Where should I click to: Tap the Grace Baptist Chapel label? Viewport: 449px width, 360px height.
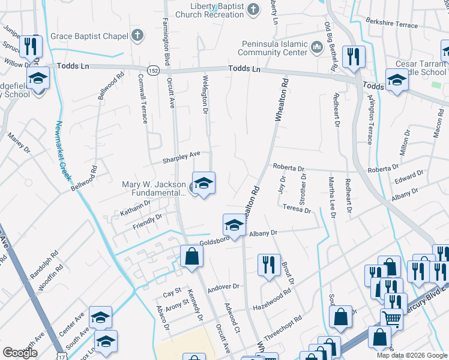pyautogui.click(x=89, y=36)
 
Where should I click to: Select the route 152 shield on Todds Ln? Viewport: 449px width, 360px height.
pyautogui.click(x=154, y=70)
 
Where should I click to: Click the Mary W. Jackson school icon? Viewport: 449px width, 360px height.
pyautogui.click(x=203, y=183)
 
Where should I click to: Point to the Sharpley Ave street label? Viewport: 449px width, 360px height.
pyautogui.click(x=181, y=158)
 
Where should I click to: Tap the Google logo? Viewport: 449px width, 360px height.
pyautogui.click(x=20, y=353)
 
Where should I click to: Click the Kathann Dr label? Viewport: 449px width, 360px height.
pyautogui.click(x=134, y=208)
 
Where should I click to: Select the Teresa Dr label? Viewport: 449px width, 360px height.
pyautogui.click(x=297, y=208)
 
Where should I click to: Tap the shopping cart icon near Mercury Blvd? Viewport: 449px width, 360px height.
pyautogui.click(x=391, y=318)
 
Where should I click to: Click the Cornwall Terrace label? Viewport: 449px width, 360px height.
pyautogui.click(x=142, y=98)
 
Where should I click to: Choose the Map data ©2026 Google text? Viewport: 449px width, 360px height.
pyautogui.click(x=411, y=355)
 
